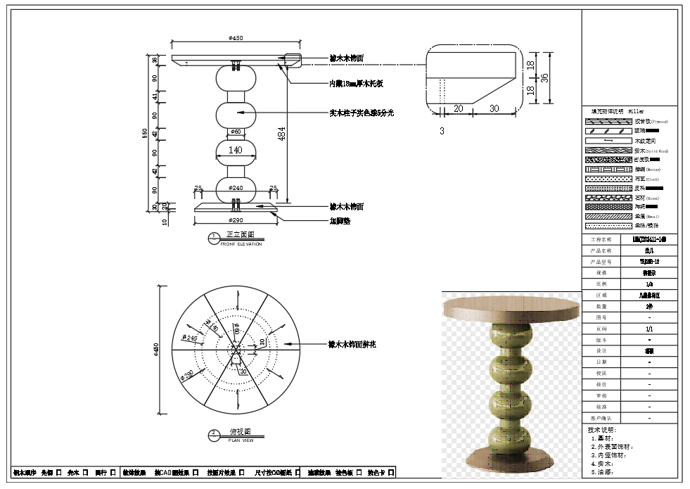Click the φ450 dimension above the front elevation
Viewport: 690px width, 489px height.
point(235,38)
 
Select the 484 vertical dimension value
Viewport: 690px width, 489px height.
point(281,134)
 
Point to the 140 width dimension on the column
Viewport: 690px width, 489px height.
point(235,150)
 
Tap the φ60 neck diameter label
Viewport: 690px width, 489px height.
point(235,132)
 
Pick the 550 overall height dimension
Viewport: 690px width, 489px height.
point(146,133)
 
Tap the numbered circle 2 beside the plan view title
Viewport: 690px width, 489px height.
point(213,435)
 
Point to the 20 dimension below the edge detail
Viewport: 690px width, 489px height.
point(458,108)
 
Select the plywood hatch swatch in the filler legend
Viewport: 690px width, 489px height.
point(608,122)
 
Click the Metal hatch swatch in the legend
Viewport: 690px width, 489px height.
point(608,217)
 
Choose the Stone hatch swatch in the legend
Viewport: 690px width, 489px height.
point(608,198)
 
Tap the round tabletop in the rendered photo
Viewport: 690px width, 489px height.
point(511,306)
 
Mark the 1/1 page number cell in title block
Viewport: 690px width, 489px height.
point(649,329)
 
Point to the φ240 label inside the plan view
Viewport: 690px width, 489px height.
point(191,338)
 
